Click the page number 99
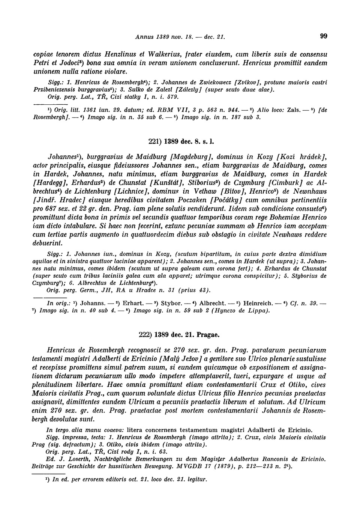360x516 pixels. click(324, 36)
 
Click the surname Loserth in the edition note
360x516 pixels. click(73, 459)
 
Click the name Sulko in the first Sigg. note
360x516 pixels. click(136, 89)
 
